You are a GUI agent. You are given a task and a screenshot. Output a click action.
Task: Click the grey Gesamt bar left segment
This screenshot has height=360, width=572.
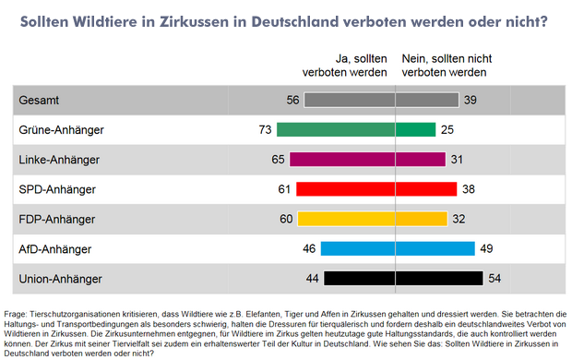pyautogui.click(x=349, y=100)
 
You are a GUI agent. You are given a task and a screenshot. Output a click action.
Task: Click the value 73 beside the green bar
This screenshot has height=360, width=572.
pyautogui.click(x=266, y=129)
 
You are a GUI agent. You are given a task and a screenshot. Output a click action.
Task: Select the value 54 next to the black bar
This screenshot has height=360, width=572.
pyautogui.click(x=494, y=277)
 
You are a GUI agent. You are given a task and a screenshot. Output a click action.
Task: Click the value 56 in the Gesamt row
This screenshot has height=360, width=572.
pyautogui.click(x=293, y=100)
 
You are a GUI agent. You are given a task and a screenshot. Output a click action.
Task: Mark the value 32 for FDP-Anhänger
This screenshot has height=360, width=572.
pyautogui.click(x=459, y=218)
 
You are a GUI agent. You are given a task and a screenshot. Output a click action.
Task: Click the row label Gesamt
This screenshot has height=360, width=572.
pyautogui.click(x=40, y=100)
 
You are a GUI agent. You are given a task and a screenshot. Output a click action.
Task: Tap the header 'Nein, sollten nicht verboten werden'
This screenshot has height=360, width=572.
pyautogui.click(x=445, y=64)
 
